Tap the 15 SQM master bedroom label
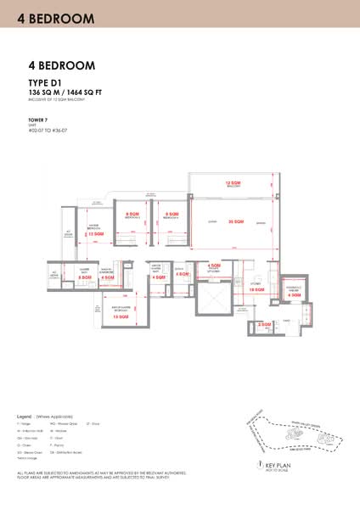tap(134, 316)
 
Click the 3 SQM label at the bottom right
tap(264, 324)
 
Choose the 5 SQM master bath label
tap(85, 277)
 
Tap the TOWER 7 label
tap(37, 120)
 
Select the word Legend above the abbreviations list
tap(25, 417)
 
